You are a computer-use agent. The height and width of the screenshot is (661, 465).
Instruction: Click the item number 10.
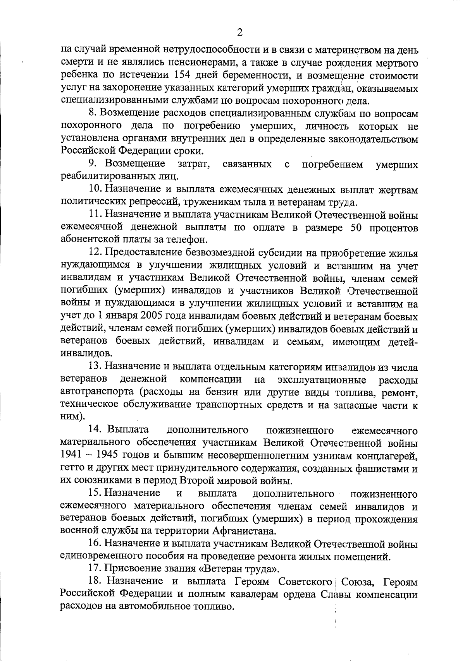coord(95,190)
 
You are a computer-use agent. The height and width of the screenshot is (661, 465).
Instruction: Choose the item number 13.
coord(95,366)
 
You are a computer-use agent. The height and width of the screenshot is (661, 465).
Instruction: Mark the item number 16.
coord(95,544)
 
